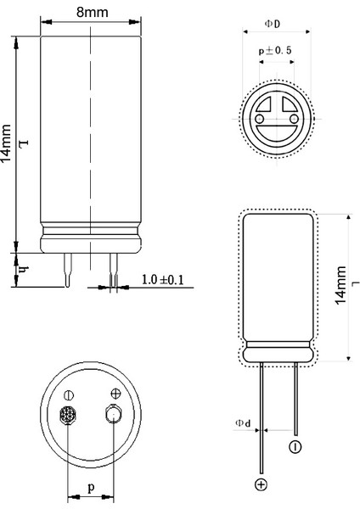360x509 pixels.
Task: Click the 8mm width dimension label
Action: click(x=93, y=13)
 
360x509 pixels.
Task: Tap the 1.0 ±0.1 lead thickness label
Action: click(x=162, y=279)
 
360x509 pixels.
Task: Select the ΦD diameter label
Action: click(x=273, y=24)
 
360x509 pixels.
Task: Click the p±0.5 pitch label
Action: click(x=275, y=51)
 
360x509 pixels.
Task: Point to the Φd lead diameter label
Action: click(x=243, y=423)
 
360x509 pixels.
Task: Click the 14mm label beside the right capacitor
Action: click(x=340, y=285)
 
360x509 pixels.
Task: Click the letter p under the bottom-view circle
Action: click(x=92, y=488)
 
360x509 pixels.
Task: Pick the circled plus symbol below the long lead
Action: click(x=261, y=484)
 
